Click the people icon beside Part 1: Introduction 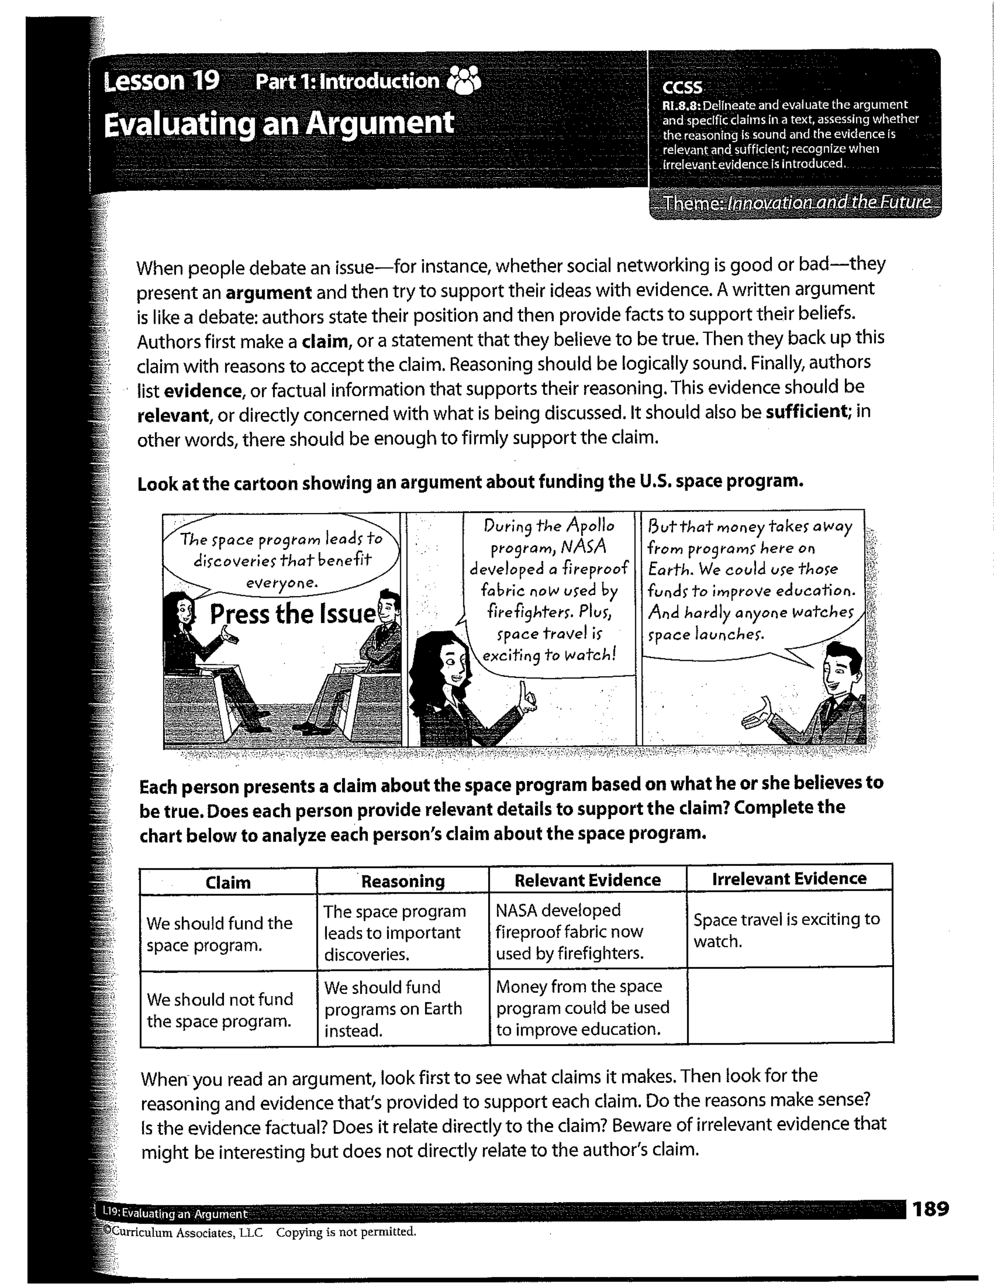click(465, 81)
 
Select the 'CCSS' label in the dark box click(682, 87)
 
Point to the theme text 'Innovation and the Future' click(829, 203)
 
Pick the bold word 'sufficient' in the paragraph click(806, 411)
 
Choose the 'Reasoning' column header click(403, 881)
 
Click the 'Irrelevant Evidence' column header click(789, 879)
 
